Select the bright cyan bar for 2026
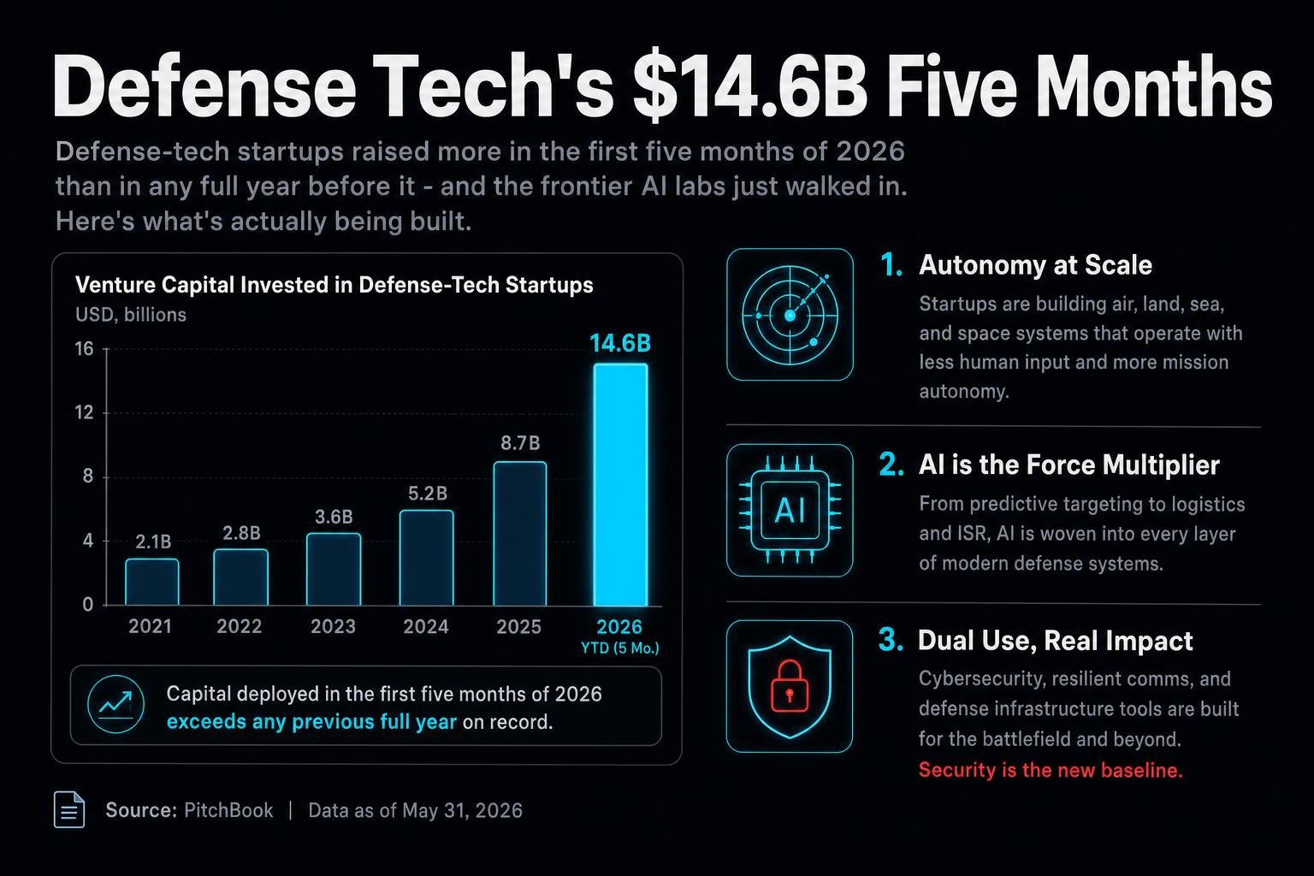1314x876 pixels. point(620,485)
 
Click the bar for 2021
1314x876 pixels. point(152,582)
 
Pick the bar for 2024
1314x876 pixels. point(427,558)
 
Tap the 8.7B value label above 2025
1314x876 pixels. point(520,443)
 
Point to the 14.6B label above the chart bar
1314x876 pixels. point(620,343)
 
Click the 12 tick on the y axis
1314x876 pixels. point(84,412)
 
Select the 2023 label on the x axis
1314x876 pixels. point(333,627)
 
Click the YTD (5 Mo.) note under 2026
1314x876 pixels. point(619,648)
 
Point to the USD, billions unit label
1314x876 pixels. point(131,315)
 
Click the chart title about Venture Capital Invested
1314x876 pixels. point(334,285)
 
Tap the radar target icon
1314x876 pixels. point(790,315)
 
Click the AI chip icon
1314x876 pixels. point(790,511)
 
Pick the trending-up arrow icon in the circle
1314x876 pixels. point(115,704)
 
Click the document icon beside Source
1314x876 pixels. point(69,809)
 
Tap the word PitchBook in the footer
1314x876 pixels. point(228,810)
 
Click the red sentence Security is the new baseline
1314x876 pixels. point(1050,770)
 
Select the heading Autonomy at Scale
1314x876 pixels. point(1035,265)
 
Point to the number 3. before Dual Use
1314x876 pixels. point(891,640)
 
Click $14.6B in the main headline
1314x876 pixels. point(750,88)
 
